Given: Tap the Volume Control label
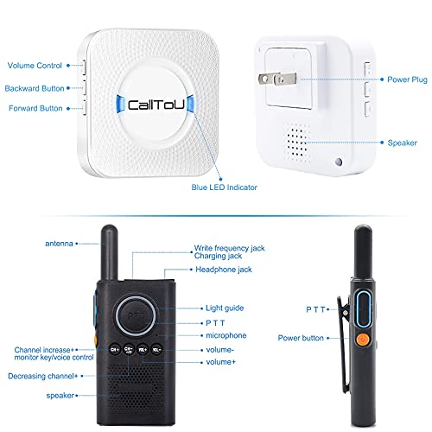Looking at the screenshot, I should click(x=34, y=66).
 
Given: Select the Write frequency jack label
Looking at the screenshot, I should click(x=231, y=249).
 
